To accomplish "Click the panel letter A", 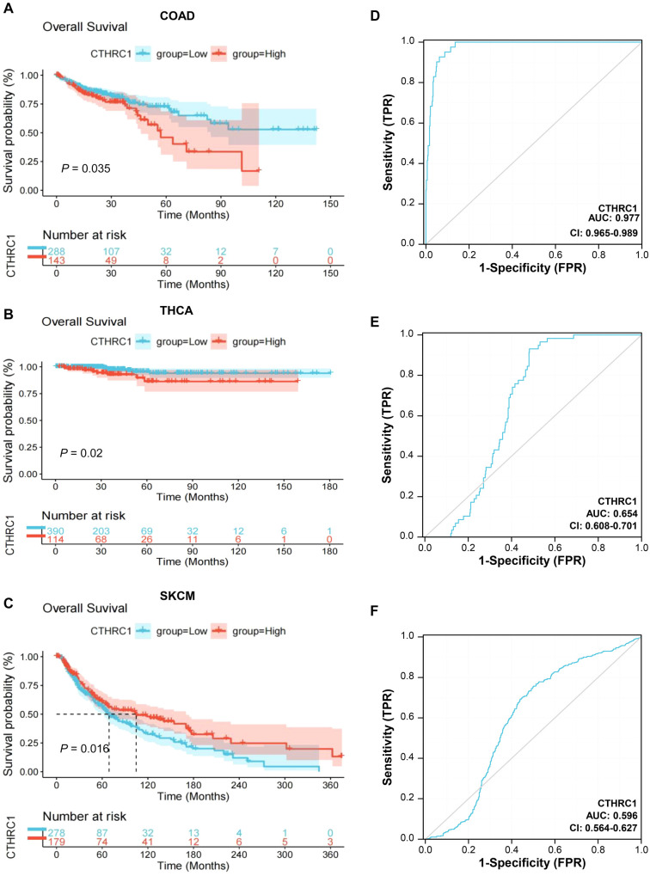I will pos(8,9).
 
